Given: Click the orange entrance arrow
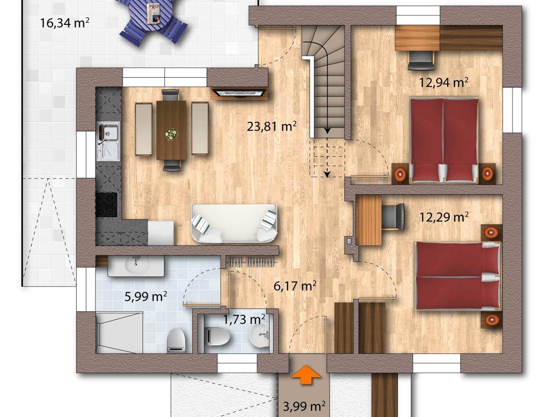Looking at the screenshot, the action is tap(306, 374).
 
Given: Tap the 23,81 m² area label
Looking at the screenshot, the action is tap(272, 126).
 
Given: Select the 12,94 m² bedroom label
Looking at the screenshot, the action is tap(444, 82).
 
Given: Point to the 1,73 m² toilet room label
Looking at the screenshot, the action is tap(244, 320).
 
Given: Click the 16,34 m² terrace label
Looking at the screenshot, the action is tap(64, 23).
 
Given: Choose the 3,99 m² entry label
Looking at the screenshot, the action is tap(304, 406).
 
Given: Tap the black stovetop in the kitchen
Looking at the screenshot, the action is tap(107, 205).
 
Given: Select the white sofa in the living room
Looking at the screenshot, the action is tap(234, 223).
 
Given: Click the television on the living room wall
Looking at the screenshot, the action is tap(239, 92).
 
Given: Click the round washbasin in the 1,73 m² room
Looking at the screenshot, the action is tap(259, 335).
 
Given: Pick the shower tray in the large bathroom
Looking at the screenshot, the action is tap(119, 333).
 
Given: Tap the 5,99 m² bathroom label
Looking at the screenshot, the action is tap(146, 297).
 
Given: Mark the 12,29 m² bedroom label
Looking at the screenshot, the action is tap(444, 217).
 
